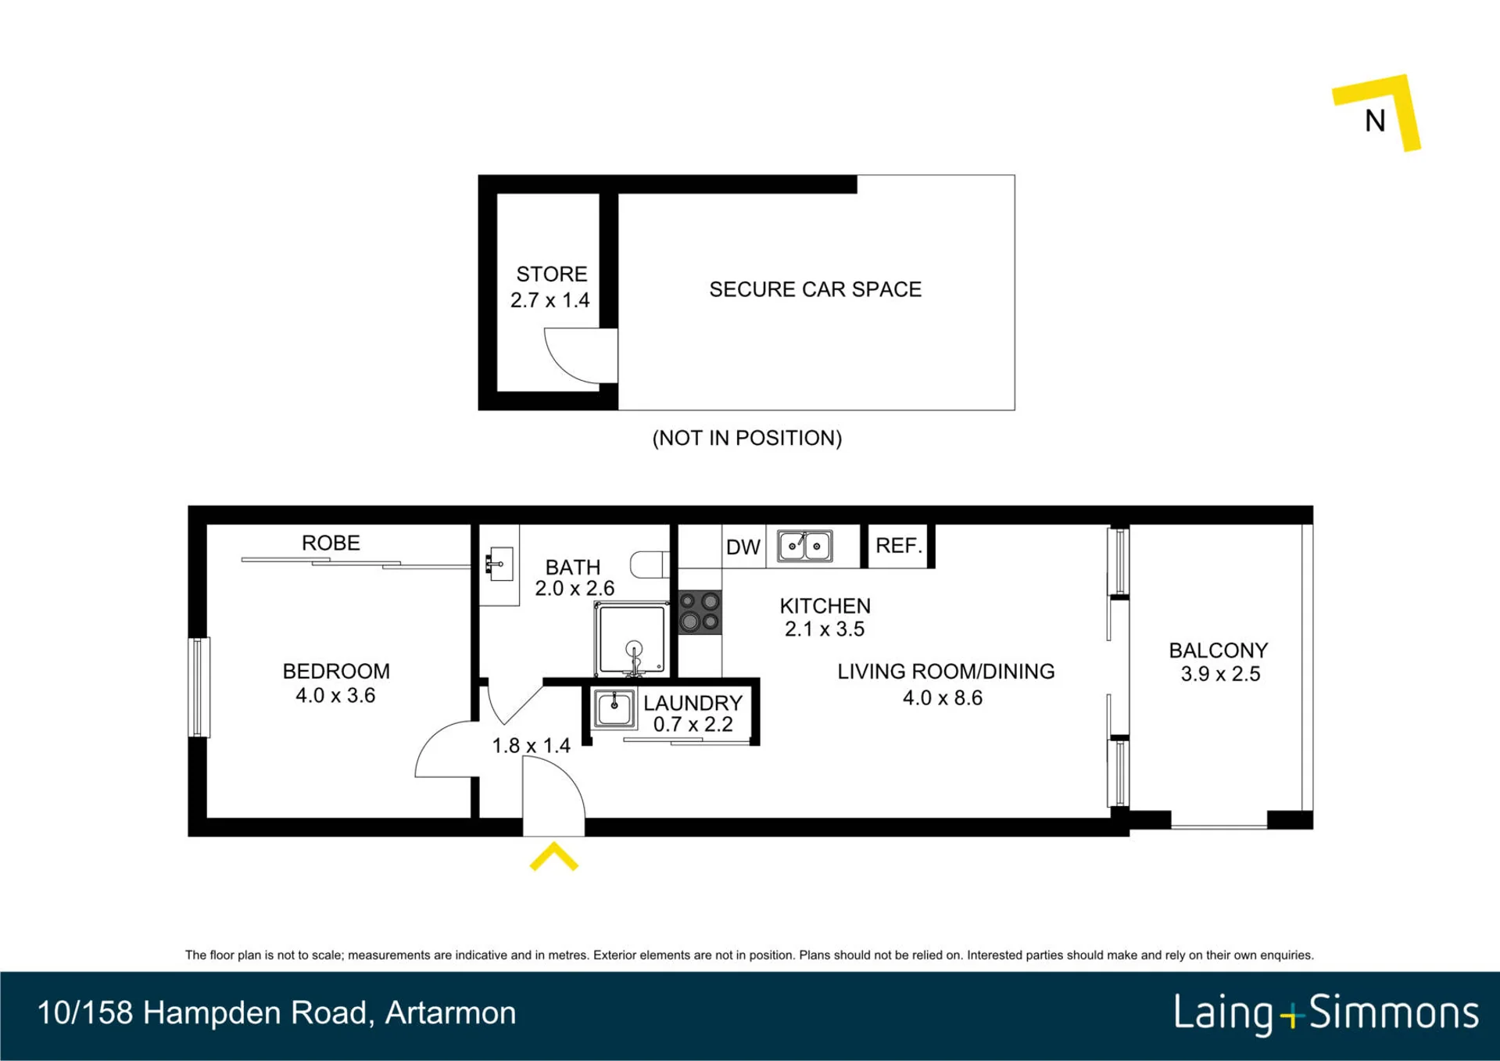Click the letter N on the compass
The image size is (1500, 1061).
pos(1375,120)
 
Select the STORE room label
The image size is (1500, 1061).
pos(551,274)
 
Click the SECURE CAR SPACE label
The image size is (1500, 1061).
pos(815,289)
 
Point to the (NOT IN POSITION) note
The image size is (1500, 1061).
pos(747,438)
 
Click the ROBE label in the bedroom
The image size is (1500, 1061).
pos(331,543)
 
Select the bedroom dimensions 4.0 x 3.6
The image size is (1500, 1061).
pos(335,695)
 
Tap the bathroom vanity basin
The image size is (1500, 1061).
pos(499,564)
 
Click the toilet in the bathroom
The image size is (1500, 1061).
pos(650,565)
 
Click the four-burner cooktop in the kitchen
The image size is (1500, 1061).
pos(700,611)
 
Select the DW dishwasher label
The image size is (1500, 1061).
pos(743,547)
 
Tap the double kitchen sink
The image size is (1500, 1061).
pos(804,546)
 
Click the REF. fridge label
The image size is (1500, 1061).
pos(899,546)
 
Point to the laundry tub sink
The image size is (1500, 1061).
pos(614,708)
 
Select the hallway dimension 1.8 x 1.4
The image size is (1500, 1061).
pos(531,746)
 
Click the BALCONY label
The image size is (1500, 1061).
pos(1218,651)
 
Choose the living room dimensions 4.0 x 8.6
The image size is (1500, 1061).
pos(943,698)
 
